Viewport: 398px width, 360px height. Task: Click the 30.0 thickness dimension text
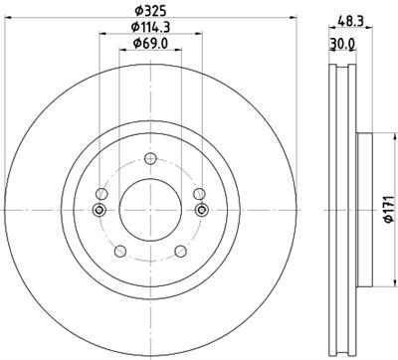point(342,43)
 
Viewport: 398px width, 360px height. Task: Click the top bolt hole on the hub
point(150,160)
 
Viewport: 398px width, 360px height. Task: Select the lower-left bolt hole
point(120,251)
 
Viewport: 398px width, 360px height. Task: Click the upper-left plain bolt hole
point(101,195)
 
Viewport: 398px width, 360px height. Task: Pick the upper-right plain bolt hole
point(199,195)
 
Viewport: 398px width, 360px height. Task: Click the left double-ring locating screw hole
point(98,209)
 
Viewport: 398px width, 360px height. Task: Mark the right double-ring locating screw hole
point(203,209)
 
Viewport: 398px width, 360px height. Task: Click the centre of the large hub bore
point(150,209)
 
